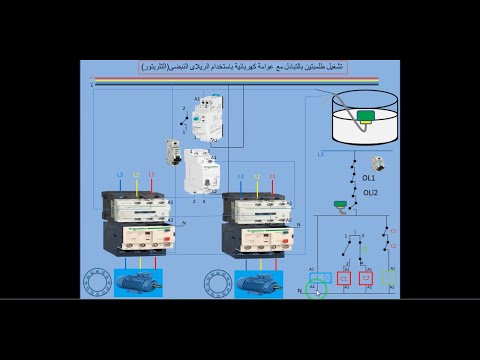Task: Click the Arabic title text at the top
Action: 240,66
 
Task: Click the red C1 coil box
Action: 344,278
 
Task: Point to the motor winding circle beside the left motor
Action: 96,282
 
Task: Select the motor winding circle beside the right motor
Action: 219,283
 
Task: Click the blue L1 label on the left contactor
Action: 120,176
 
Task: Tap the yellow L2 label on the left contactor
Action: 136,176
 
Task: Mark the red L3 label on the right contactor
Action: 273,177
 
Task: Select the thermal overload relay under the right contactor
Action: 259,238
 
